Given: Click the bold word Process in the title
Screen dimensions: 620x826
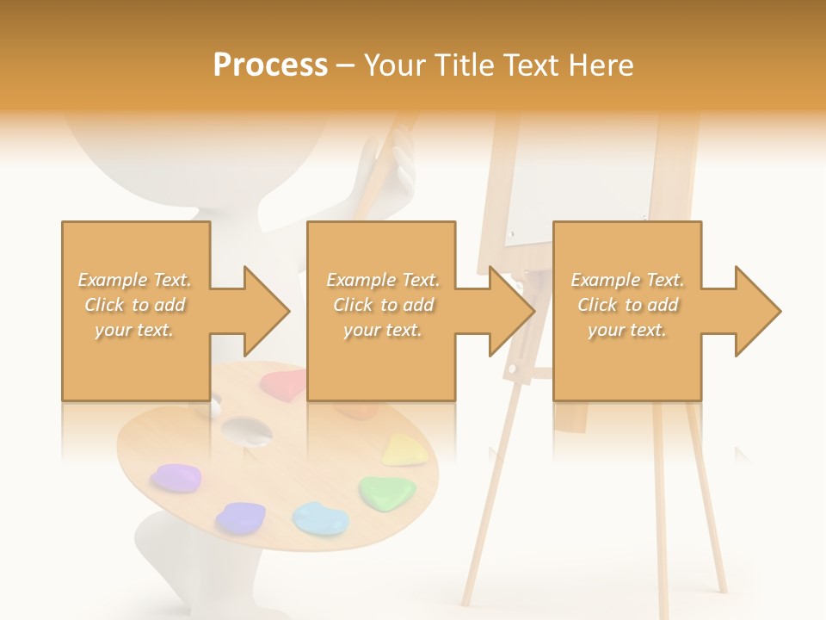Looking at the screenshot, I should (x=270, y=65).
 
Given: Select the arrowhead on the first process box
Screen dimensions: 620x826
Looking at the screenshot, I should (x=266, y=311).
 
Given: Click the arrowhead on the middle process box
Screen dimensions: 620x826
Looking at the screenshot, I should (x=511, y=311).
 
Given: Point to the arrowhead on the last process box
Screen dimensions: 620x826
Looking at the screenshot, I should (x=757, y=311).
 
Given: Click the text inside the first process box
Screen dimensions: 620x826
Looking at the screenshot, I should (x=134, y=305).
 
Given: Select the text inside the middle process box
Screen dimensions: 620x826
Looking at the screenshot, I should (x=382, y=305).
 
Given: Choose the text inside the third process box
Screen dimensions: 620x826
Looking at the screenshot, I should (x=627, y=305).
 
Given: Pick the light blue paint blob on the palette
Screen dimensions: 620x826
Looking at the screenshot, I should (x=319, y=518).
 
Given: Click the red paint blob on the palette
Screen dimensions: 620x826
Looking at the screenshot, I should (x=284, y=381).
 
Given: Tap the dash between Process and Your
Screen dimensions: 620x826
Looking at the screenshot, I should (x=345, y=65).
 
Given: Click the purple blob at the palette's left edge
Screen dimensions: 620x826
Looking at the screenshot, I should (x=176, y=477).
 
